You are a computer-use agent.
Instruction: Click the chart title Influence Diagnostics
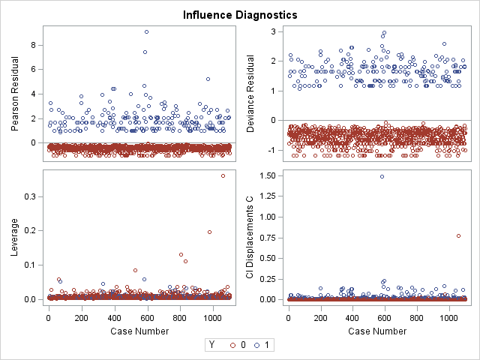point(240,14)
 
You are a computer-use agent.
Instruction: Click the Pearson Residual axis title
point(16,93)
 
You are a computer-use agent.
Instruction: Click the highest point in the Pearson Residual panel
point(146,31)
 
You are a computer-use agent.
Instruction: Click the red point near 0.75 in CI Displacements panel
point(458,236)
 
